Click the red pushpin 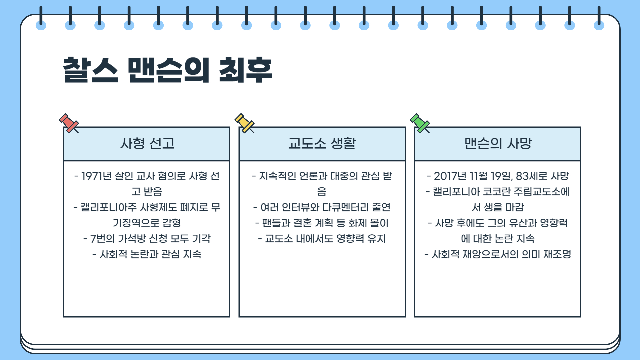pos(69,123)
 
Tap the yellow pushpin pos(244,123)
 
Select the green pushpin pos(420,123)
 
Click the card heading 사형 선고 pos(147,144)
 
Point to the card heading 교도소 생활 pos(322,144)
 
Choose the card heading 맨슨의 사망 pos(498,144)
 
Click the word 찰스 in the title pos(90,70)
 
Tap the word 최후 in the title pos(245,70)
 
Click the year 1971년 pos(96,176)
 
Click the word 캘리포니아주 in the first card pos(109,207)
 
